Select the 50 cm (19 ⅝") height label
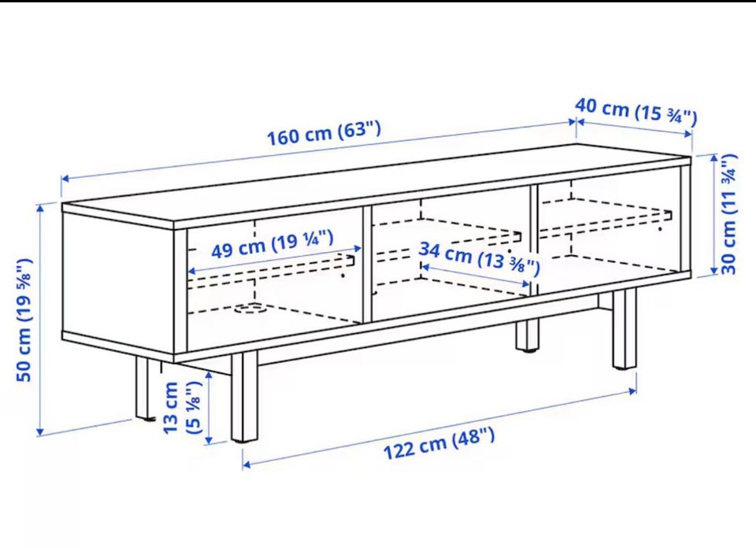24,320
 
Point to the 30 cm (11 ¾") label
729,214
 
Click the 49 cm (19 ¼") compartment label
272,245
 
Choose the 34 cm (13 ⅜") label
480,258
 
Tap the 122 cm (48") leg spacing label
439,443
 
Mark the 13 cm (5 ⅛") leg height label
181,408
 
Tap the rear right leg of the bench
527,334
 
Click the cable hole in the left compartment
250,308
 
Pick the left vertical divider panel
367,264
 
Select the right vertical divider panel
534,239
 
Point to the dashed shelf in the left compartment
270,272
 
